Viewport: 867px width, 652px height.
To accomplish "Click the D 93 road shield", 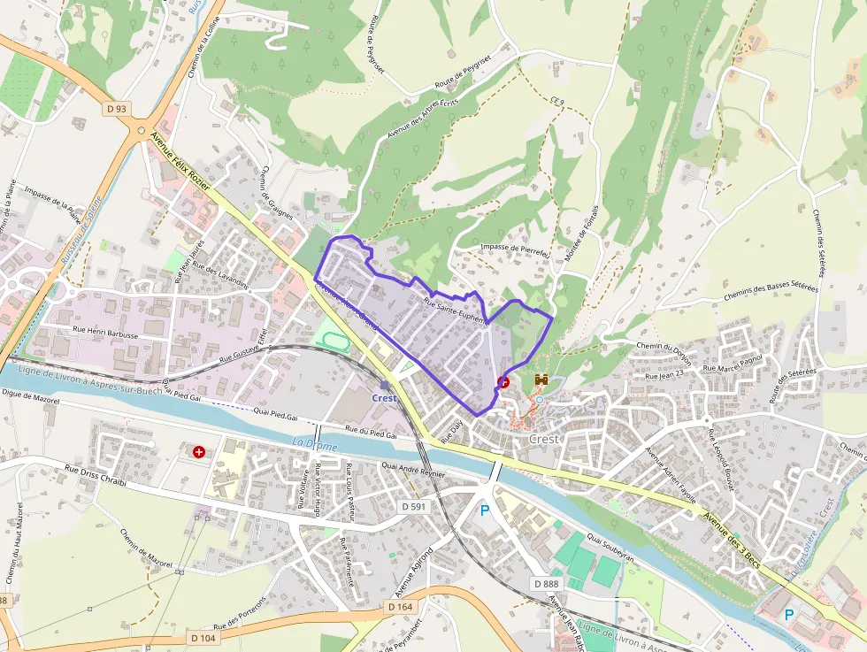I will tap(116, 109).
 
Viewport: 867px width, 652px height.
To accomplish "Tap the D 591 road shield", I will tap(414, 507).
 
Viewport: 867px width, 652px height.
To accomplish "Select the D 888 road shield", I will tap(548, 584).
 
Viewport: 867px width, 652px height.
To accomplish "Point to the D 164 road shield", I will tap(401, 607).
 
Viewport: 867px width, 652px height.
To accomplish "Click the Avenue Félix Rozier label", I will tap(180, 159).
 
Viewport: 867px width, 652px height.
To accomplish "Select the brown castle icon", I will tap(541, 380).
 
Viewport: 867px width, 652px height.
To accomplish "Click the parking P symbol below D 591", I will tap(484, 510).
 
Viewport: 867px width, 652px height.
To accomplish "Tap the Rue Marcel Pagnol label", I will tap(732, 362).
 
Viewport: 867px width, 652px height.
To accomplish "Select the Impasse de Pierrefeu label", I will tap(515, 250).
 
